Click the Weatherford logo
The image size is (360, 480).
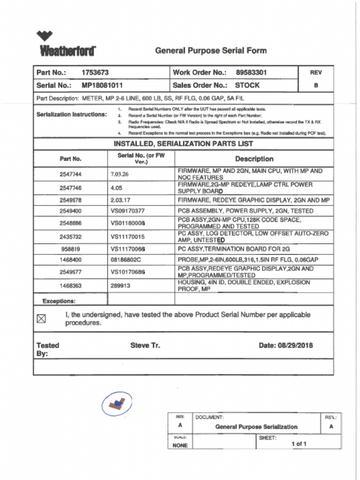click(x=67, y=44)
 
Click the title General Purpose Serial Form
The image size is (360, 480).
click(x=210, y=51)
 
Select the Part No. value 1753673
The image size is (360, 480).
click(x=95, y=73)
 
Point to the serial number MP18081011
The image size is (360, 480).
click(x=102, y=85)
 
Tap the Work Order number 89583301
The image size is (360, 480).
click(x=251, y=73)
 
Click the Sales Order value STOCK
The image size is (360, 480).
click(x=247, y=85)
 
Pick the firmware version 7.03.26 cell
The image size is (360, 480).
click(x=120, y=174)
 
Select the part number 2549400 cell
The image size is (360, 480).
click(x=70, y=211)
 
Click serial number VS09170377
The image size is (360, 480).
click(x=127, y=211)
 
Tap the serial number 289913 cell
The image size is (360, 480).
click(x=120, y=285)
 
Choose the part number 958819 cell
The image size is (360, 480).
click(x=70, y=249)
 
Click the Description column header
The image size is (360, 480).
click(x=254, y=159)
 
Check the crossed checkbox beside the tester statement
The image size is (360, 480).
click(x=41, y=319)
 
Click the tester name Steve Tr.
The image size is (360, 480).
click(x=145, y=345)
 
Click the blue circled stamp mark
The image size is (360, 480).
click(x=116, y=404)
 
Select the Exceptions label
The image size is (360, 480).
click(x=59, y=301)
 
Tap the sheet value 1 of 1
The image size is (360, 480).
click(x=299, y=444)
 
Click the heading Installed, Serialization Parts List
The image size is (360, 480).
click(x=183, y=144)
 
